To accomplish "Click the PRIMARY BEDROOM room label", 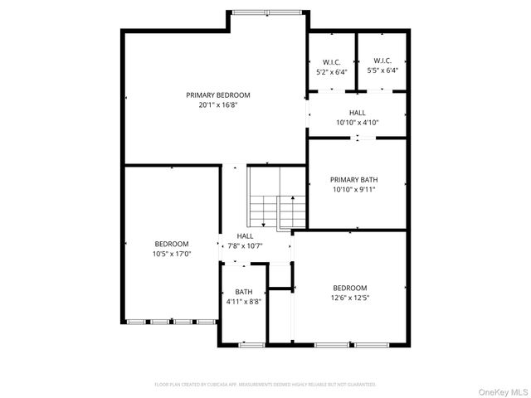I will [x=218, y=95].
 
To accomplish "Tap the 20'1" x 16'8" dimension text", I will [x=218, y=105].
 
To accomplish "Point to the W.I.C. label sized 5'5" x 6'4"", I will [x=382, y=61].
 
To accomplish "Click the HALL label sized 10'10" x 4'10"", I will [x=357, y=113].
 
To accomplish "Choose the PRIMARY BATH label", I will [x=353, y=179].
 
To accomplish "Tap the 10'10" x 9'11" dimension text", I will [x=353, y=189].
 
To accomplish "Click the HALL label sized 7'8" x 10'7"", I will [x=245, y=236].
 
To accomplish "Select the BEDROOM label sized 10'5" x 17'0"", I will [x=172, y=244].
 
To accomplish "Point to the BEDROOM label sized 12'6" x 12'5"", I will [x=351, y=288].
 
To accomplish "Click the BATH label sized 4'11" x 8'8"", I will [x=244, y=292].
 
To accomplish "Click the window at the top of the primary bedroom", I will [x=267, y=12].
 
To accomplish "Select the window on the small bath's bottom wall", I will [x=246, y=343].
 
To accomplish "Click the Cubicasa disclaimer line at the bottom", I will [x=265, y=385].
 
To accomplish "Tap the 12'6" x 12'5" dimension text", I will [x=351, y=298].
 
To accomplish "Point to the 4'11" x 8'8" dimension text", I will [x=244, y=302].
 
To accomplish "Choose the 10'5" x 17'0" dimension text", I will [x=172, y=254].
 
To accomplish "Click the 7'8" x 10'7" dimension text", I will [x=245, y=245].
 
